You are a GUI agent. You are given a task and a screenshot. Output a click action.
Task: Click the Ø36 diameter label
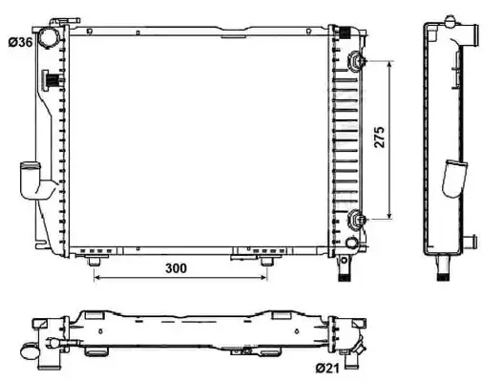click(21, 41)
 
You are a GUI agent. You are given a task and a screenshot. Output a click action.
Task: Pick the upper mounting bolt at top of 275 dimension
click(357, 61)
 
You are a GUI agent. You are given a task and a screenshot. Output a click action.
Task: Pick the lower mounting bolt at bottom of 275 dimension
click(357, 219)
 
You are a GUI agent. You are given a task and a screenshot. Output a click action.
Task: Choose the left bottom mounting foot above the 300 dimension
click(94, 261)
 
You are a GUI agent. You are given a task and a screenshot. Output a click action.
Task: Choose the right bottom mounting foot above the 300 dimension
click(267, 261)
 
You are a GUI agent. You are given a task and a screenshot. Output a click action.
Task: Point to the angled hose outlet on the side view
click(455, 180)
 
